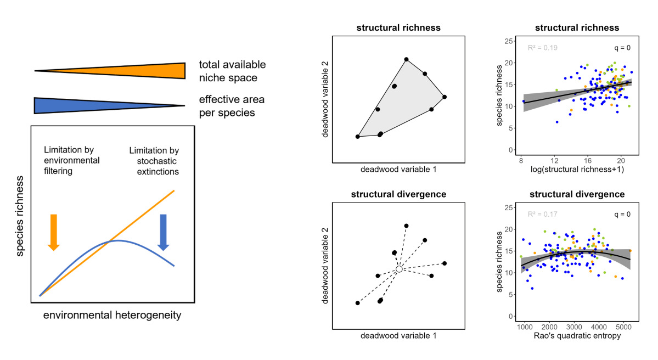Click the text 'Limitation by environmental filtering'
coord(71,160)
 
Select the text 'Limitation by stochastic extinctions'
coord(154,161)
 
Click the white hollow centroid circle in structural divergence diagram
coord(400,269)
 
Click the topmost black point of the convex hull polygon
coord(406,59)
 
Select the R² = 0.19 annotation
coord(542,48)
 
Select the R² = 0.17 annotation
coord(542,215)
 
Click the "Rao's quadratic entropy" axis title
coord(577,336)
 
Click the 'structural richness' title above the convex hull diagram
coord(398,27)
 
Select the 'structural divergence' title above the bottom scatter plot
coord(577,194)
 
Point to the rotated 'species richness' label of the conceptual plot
coord(20,217)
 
